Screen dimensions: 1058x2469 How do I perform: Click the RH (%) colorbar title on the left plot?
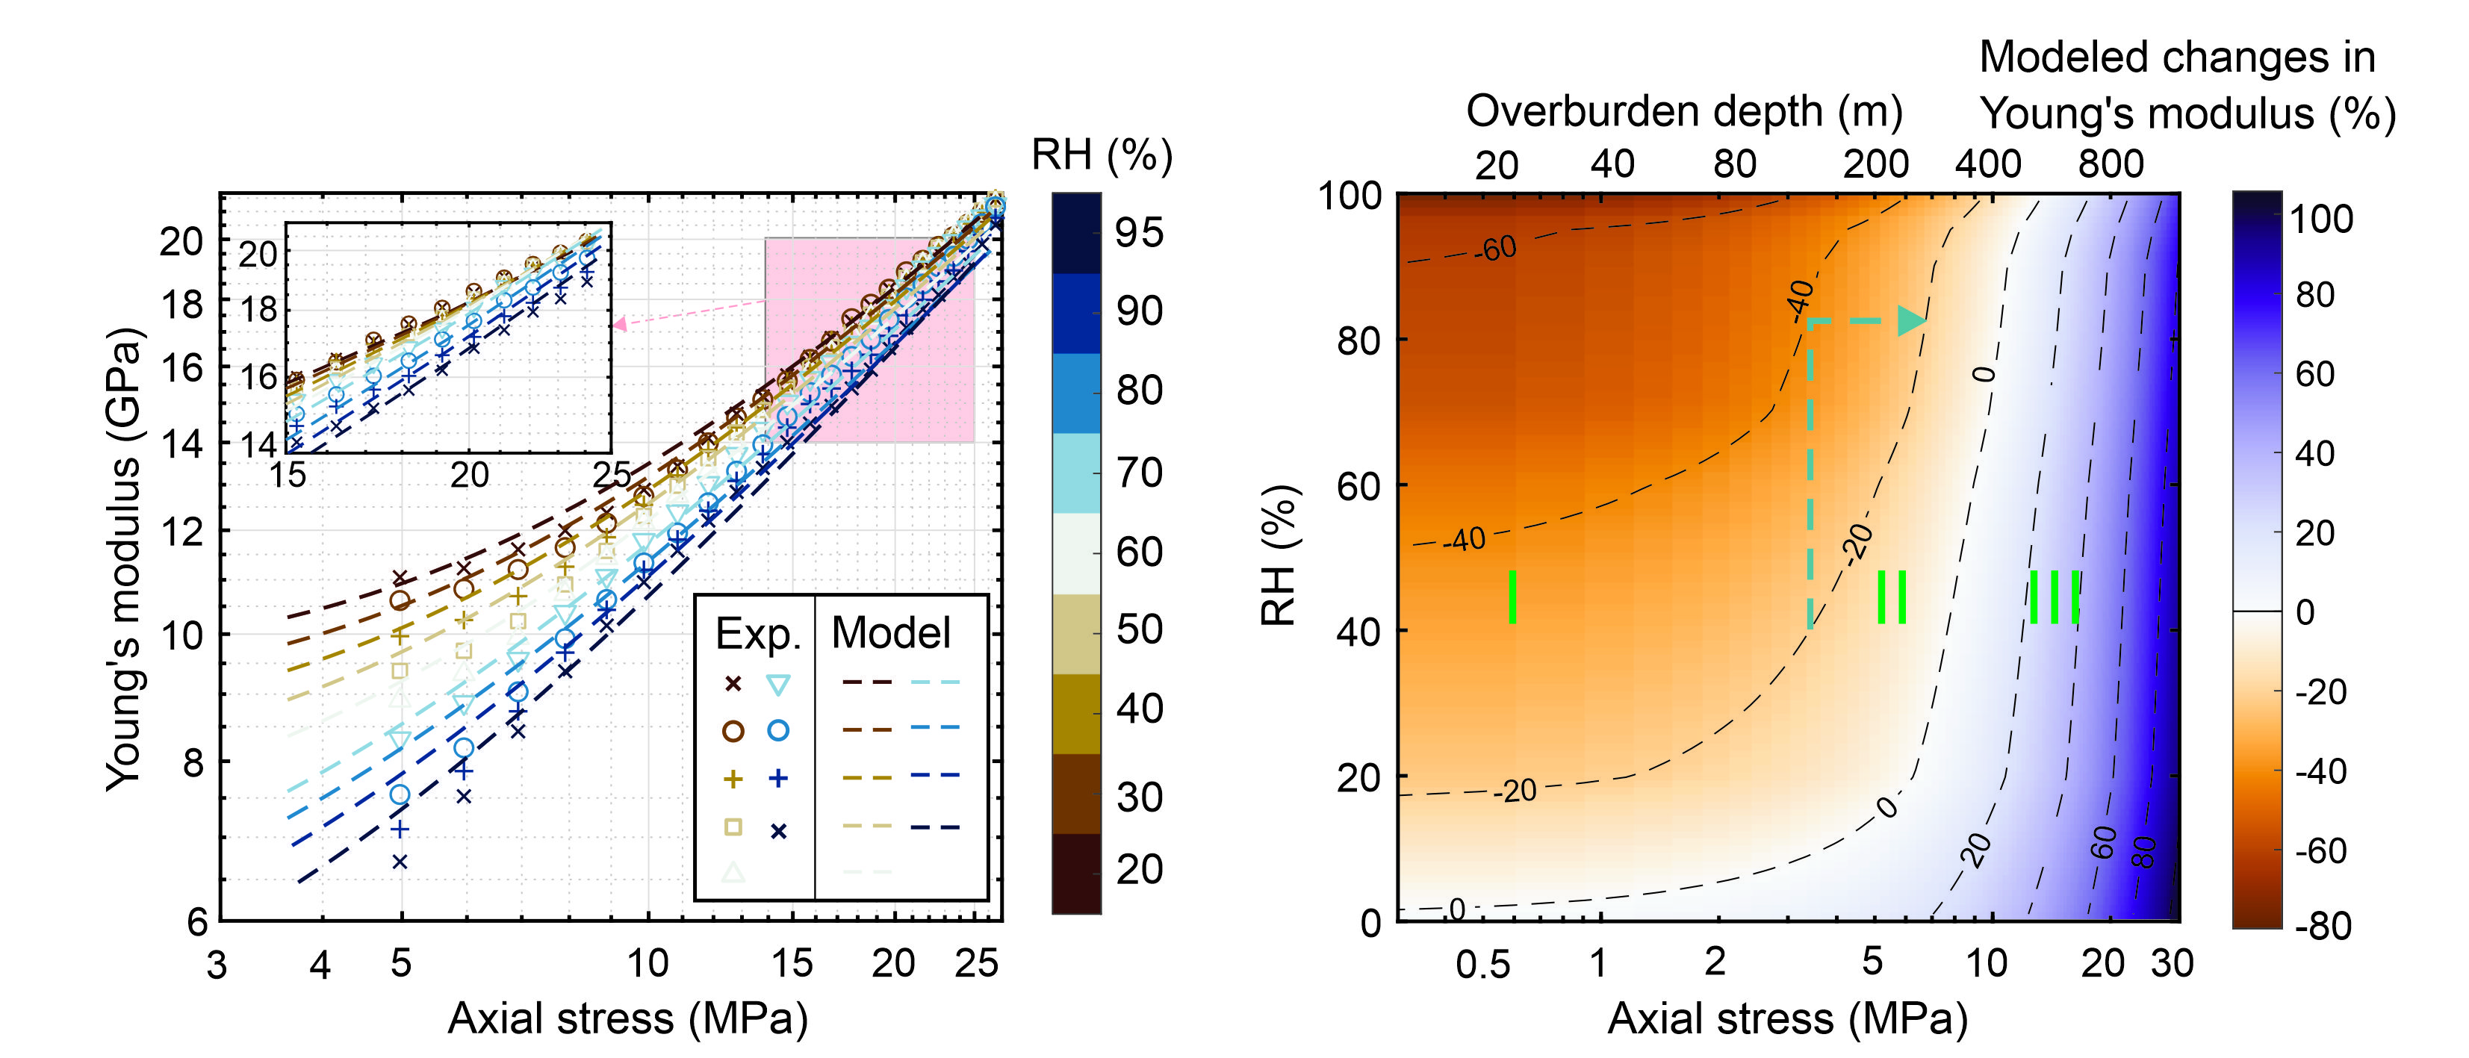(x=1102, y=155)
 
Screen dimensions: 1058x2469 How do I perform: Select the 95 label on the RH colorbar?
(x=1139, y=233)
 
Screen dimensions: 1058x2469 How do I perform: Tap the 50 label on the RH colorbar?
(x=1139, y=629)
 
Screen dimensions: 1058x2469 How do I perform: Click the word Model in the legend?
(x=890, y=632)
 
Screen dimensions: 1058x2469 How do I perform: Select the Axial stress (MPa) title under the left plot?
(x=628, y=1018)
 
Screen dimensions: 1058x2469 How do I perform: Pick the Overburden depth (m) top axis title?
(x=1684, y=111)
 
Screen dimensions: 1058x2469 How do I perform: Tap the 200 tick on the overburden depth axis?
(x=1876, y=165)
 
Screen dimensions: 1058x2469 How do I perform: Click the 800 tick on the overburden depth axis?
(x=2111, y=165)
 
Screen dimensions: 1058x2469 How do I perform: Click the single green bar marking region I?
(x=1512, y=597)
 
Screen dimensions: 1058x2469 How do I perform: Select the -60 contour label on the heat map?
(x=1494, y=249)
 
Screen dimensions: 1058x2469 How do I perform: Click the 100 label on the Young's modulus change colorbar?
(x=2320, y=220)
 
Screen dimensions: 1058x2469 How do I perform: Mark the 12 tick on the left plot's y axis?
(x=181, y=532)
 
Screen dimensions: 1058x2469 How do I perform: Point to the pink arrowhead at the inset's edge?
(x=619, y=324)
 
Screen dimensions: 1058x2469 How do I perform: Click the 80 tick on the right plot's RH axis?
(x=1359, y=341)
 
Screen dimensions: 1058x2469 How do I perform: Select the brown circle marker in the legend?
(x=733, y=731)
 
